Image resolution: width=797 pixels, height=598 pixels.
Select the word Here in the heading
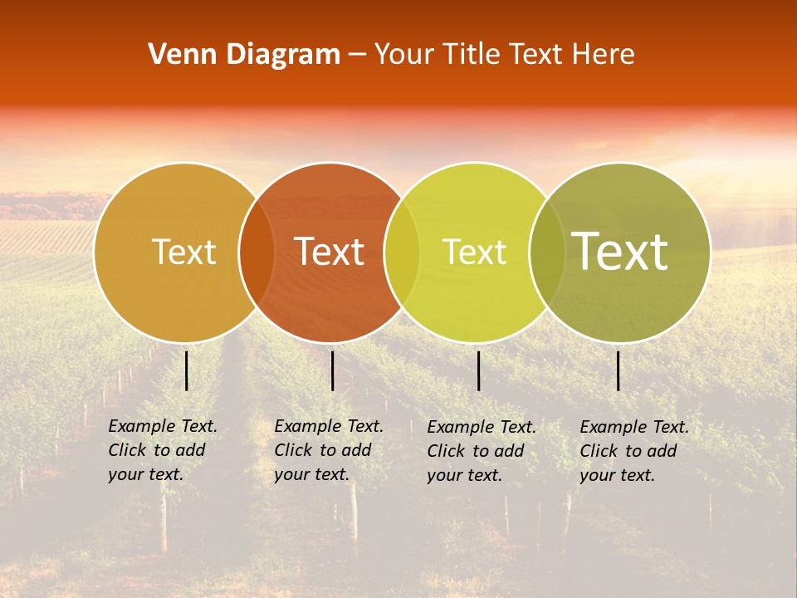(604, 55)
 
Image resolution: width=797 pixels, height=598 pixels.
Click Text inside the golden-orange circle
(183, 252)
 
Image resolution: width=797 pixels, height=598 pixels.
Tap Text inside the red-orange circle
(329, 252)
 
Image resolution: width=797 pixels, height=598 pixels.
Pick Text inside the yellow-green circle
(474, 252)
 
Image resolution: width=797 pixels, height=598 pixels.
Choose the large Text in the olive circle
(619, 252)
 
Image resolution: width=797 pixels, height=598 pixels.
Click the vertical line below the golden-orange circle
(186, 370)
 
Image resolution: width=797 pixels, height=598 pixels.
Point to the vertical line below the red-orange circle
(332, 370)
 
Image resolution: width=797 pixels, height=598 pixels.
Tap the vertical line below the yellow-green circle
(478, 370)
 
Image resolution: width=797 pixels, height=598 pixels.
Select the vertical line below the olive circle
(618, 370)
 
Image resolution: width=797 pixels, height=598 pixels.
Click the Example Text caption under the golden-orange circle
(163, 450)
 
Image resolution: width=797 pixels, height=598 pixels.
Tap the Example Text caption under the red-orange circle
(329, 450)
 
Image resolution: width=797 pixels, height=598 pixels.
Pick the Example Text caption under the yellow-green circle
(482, 451)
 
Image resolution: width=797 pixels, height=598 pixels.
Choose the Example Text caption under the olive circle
(634, 451)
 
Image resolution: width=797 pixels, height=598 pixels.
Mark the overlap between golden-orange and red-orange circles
(257, 252)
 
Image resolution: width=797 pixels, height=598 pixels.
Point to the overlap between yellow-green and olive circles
(547, 252)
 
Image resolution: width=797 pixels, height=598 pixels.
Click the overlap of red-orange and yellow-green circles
(402, 252)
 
